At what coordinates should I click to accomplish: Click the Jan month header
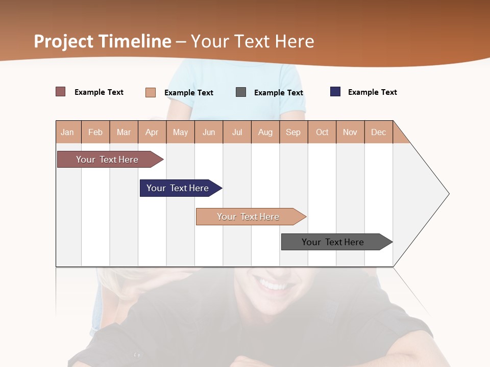[68, 132]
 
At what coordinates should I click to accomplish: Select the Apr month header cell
[152, 132]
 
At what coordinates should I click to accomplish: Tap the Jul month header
[237, 132]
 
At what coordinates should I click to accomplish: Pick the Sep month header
[293, 132]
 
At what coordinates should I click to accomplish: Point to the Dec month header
[378, 132]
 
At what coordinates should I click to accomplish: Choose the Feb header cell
[95, 132]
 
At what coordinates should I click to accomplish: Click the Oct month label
[322, 132]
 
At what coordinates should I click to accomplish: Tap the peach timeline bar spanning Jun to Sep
[249, 217]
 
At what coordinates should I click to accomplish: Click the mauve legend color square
[61, 92]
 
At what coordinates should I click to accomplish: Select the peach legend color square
[151, 92]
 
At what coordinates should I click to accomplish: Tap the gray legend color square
[241, 92]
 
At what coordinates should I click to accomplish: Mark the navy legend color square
[335, 92]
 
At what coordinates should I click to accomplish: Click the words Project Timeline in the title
[103, 41]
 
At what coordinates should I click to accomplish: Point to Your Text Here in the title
[253, 41]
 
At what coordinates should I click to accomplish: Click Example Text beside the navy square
[372, 92]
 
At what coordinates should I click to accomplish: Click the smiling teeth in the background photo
[274, 283]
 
